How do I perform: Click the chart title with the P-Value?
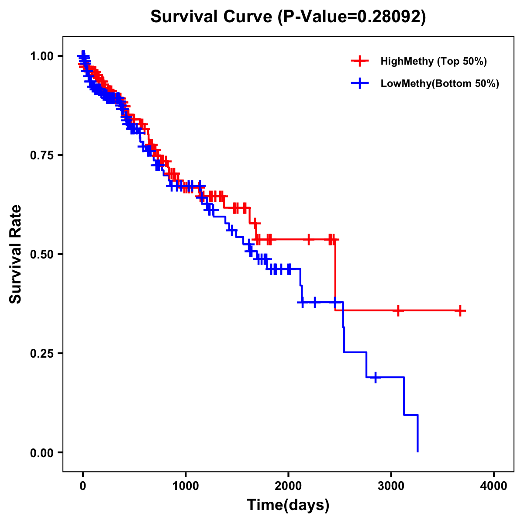[288, 17]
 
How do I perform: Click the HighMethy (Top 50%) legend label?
[433, 61]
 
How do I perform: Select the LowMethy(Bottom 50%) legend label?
[440, 83]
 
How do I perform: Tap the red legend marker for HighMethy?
[360, 61]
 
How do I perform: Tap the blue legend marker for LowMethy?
[360, 83]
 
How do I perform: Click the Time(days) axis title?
[288, 505]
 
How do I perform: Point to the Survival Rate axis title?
[16, 254]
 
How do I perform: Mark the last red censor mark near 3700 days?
[460, 311]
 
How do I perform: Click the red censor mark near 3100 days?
[398, 311]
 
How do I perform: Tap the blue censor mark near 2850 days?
[376, 377]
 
